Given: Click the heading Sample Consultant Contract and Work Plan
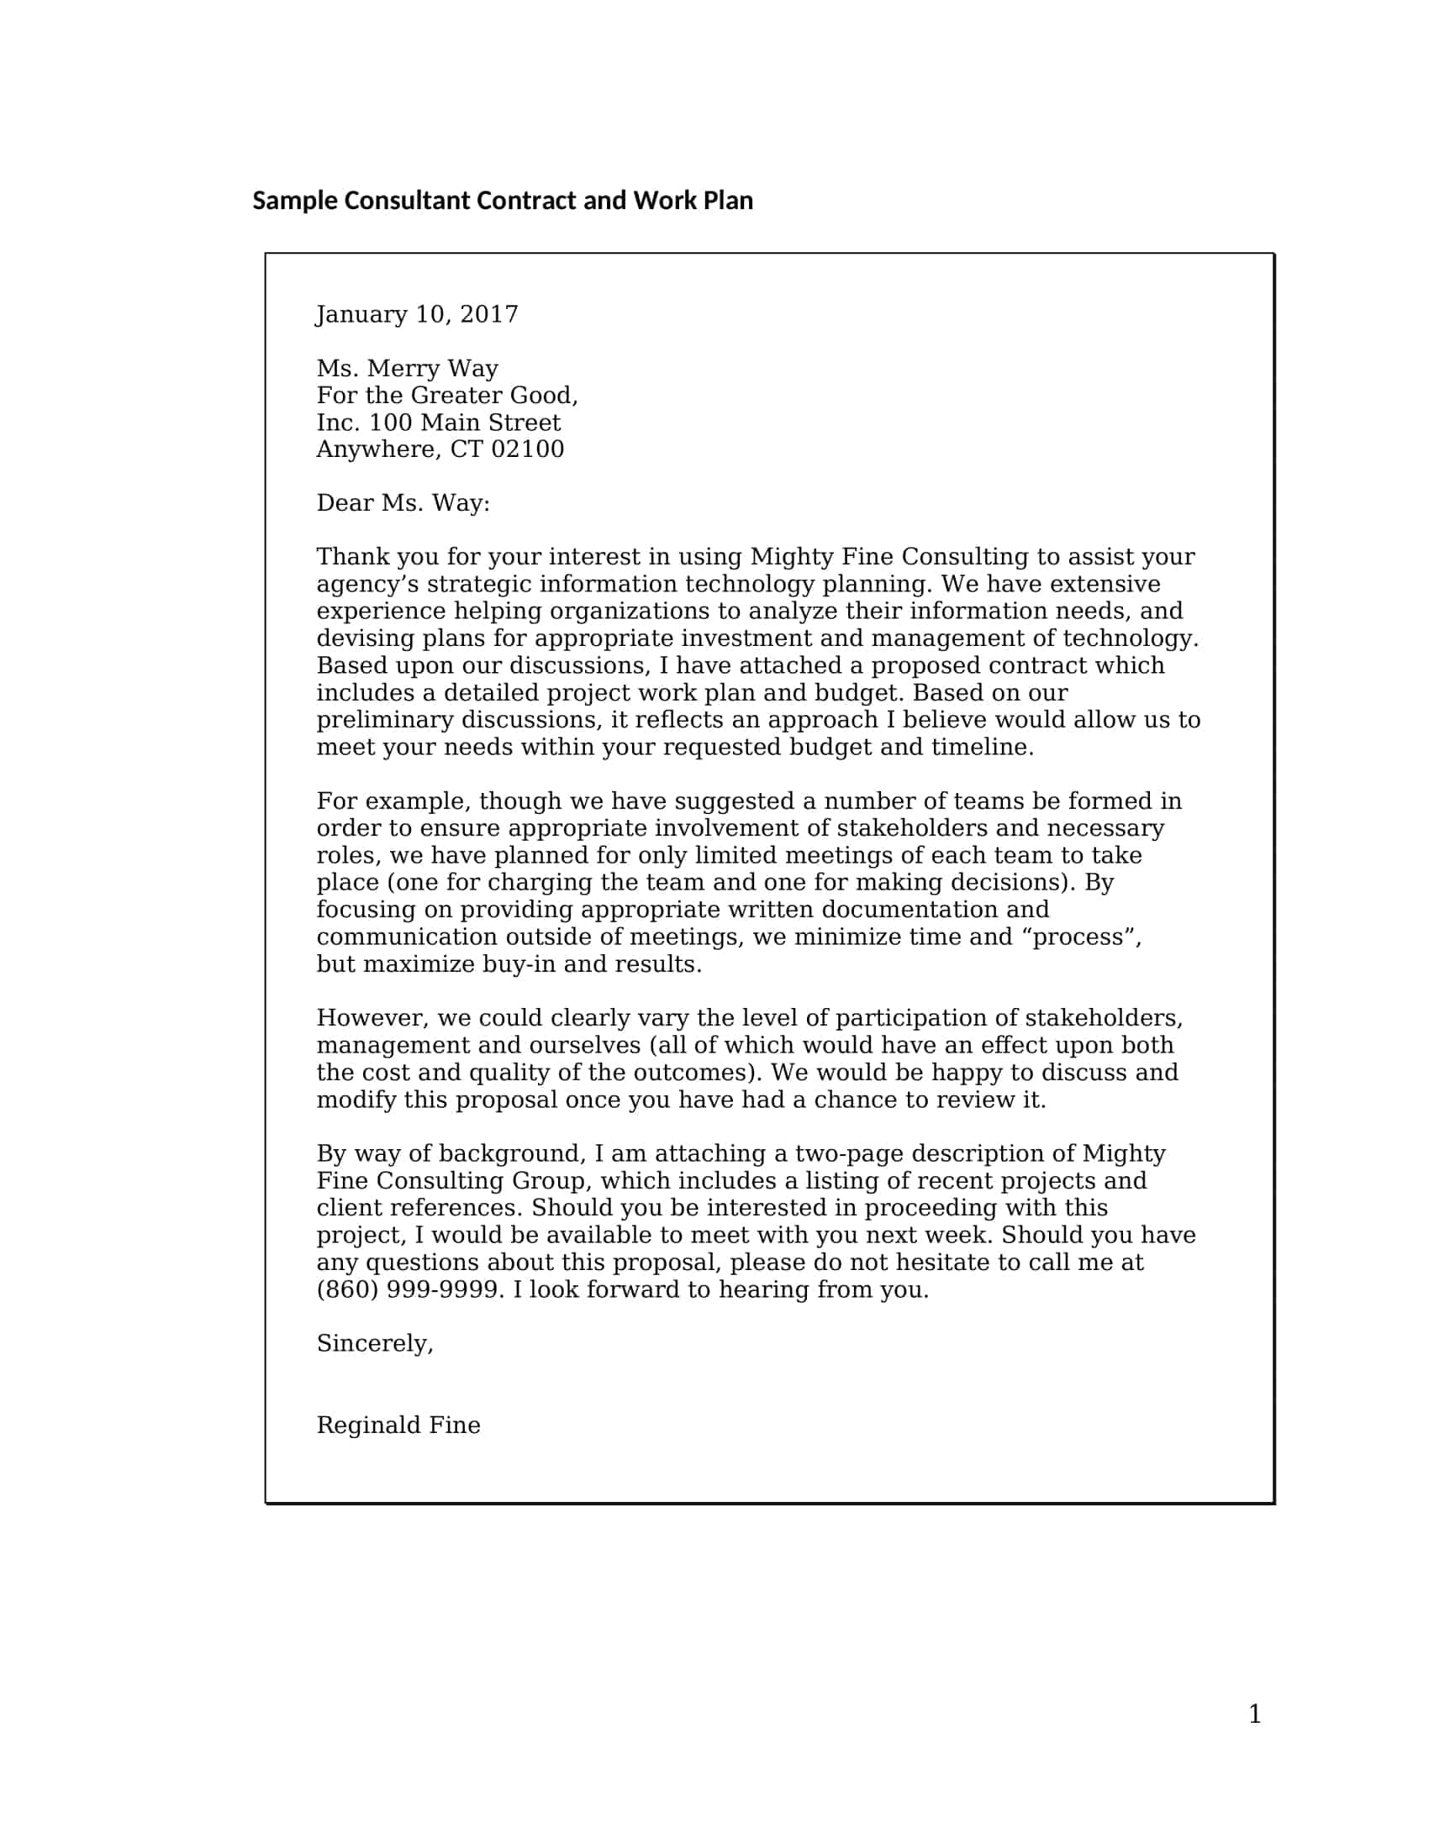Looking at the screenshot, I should click(x=502, y=201).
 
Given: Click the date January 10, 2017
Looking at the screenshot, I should click(x=416, y=315).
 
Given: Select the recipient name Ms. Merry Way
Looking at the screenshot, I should click(x=407, y=369).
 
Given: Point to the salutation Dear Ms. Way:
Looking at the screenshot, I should click(x=403, y=503).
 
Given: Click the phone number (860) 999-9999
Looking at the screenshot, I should click(x=407, y=1289).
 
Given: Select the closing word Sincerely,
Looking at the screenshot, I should click(x=374, y=1344).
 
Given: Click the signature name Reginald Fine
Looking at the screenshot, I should click(x=398, y=1425).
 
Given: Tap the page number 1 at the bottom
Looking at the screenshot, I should click(x=1255, y=1714).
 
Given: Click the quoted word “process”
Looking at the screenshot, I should click(x=1086, y=937).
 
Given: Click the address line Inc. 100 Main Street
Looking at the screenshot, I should click(x=439, y=423).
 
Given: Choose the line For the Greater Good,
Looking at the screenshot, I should click(x=447, y=396).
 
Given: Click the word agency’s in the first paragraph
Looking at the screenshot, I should click(x=367, y=585).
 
